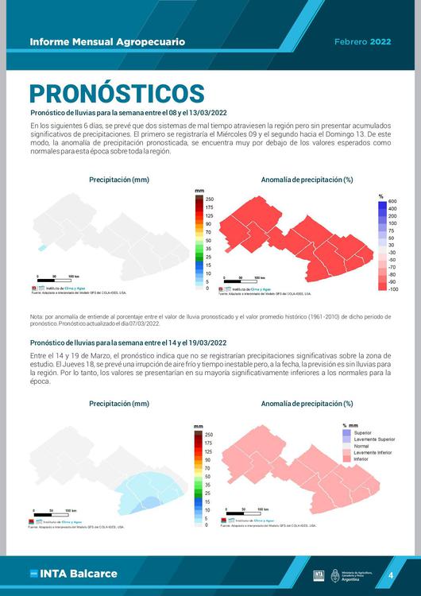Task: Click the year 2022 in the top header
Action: (x=380, y=41)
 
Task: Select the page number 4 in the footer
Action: (x=391, y=575)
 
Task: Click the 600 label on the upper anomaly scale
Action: (x=392, y=202)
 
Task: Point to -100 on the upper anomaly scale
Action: (x=392, y=289)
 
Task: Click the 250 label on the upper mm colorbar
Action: (x=209, y=199)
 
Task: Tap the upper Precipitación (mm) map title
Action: (x=119, y=180)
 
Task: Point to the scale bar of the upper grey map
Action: (x=57, y=281)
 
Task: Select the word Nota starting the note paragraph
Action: (x=37, y=317)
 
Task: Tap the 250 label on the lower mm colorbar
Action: (x=209, y=435)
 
